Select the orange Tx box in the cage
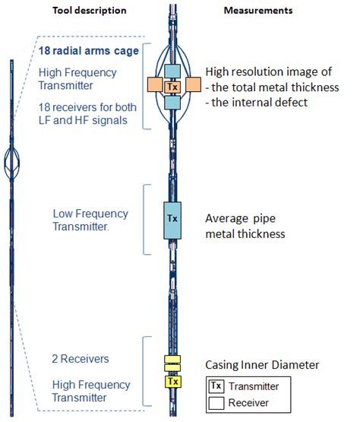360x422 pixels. pos(172,87)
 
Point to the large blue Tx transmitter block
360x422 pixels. pos(172,219)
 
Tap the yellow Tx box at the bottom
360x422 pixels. pos(172,380)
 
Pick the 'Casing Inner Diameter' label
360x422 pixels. pos(263,365)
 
